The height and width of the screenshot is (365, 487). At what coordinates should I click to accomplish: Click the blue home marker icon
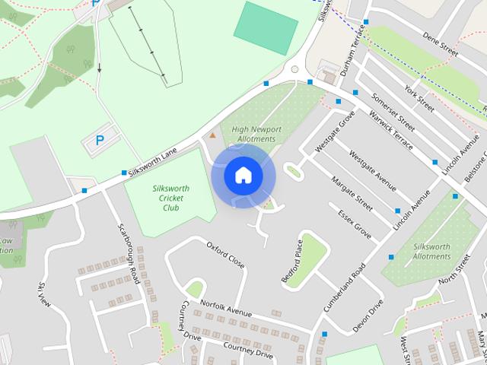tap(243, 175)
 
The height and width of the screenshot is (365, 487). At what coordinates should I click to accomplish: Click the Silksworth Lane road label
tap(153, 161)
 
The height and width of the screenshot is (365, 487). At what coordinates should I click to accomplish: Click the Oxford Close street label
tap(225, 255)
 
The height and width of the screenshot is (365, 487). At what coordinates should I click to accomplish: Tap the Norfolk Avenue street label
tap(225, 309)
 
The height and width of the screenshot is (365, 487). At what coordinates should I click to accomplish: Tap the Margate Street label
tap(352, 195)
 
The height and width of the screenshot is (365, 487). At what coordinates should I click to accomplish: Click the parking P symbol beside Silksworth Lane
tap(100, 141)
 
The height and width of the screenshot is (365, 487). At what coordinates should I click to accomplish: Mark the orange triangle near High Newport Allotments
tap(212, 135)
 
